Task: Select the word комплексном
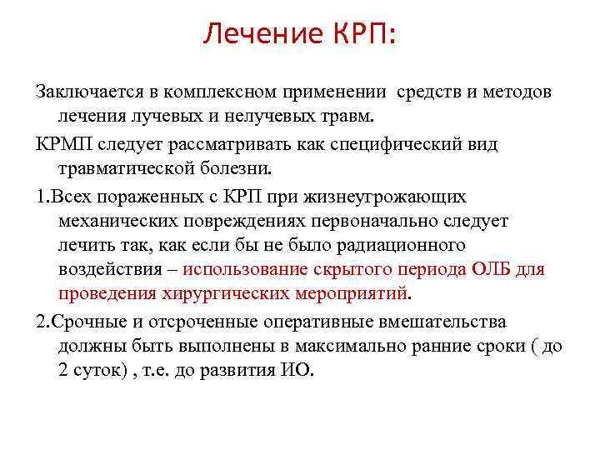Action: pos(218,91)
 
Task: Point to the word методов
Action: pos(516,91)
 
